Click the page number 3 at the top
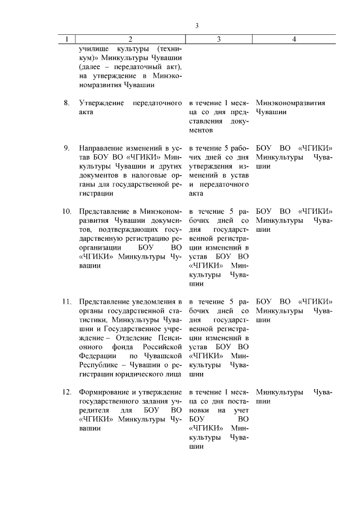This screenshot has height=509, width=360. tap(197, 25)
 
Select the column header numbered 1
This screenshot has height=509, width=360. tap(67, 39)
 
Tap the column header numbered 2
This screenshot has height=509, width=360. tap(130, 39)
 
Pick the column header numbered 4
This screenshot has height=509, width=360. tap(294, 39)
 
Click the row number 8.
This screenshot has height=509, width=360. tap(66, 103)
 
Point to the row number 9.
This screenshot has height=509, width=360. tap(66, 148)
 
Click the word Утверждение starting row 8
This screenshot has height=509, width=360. tap(101, 103)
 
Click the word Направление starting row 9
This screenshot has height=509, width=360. tap(101, 148)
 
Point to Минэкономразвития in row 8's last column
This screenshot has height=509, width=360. tap(290, 103)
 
